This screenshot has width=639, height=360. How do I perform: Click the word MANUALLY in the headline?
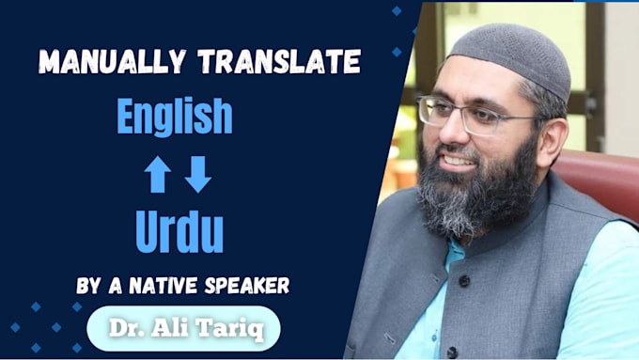tap(113, 61)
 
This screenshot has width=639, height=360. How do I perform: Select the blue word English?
tap(175, 117)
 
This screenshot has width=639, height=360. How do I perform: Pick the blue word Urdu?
tap(179, 231)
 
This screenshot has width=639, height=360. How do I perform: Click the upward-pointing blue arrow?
tap(157, 175)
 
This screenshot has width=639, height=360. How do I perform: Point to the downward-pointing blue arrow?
tap(198, 175)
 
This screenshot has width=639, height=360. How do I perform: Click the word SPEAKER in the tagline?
tap(247, 286)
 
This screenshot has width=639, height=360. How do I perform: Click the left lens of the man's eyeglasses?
tap(433, 111)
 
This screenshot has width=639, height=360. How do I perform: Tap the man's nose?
tap(450, 130)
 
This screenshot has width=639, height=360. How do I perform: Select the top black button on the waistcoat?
tap(464, 280)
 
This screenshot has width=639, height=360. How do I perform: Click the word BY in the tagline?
tap(88, 286)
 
